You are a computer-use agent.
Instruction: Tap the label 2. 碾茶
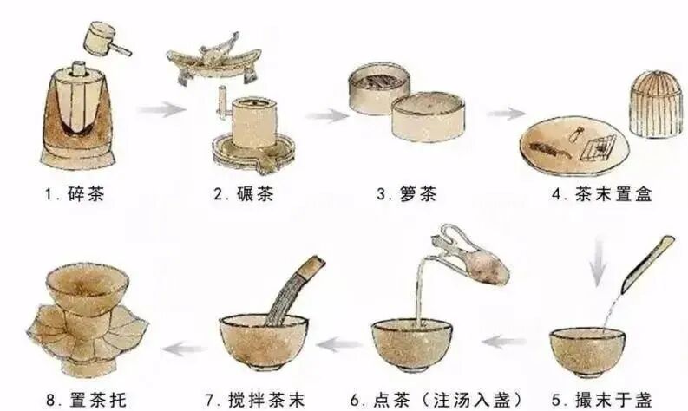coord(244,194)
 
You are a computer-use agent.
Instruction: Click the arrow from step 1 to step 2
coord(162,110)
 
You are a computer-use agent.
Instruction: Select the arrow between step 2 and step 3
coord(326,115)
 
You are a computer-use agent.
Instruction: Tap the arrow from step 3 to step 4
coord(506,114)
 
